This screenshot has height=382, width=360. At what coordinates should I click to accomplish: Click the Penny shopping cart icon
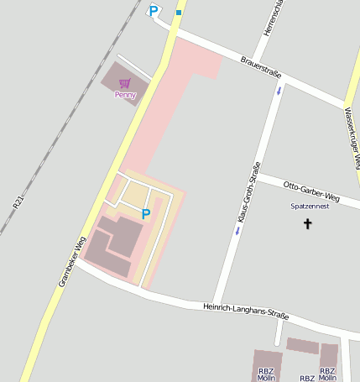point(125,83)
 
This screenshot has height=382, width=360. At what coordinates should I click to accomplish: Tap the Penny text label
point(125,95)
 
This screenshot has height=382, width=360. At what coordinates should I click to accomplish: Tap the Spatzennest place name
point(310,206)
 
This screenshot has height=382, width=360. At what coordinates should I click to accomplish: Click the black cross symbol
point(307,224)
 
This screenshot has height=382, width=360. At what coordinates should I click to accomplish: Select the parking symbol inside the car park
point(146,214)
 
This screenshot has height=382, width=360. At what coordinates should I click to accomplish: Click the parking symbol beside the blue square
point(153,11)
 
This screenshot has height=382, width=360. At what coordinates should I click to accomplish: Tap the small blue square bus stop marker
point(179,13)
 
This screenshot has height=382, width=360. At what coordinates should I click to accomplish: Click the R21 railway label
point(18,201)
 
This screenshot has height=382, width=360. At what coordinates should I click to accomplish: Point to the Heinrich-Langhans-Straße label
point(246,311)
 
